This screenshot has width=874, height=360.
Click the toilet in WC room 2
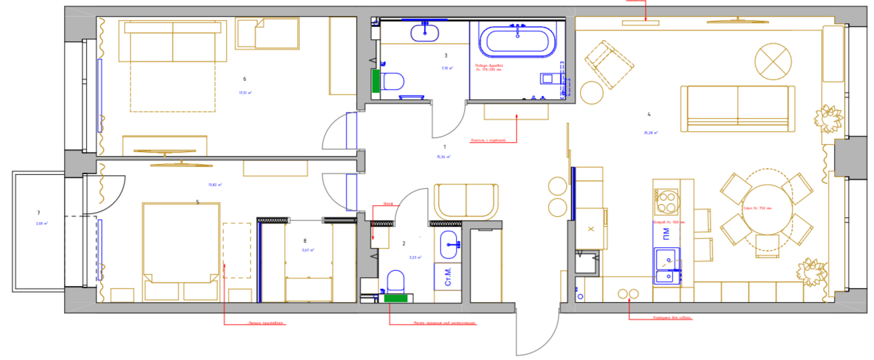click(396, 281)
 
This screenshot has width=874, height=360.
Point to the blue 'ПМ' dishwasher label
click(665, 233)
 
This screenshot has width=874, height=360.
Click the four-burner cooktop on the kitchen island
click(665, 199)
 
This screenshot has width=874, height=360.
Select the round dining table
click(767, 210)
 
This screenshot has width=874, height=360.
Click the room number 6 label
click(244, 79)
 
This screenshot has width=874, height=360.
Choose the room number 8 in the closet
click(305, 241)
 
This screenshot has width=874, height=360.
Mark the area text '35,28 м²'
click(651, 133)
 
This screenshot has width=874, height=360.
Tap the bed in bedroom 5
click(181, 243)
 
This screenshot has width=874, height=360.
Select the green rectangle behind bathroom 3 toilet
click(375, 81)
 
